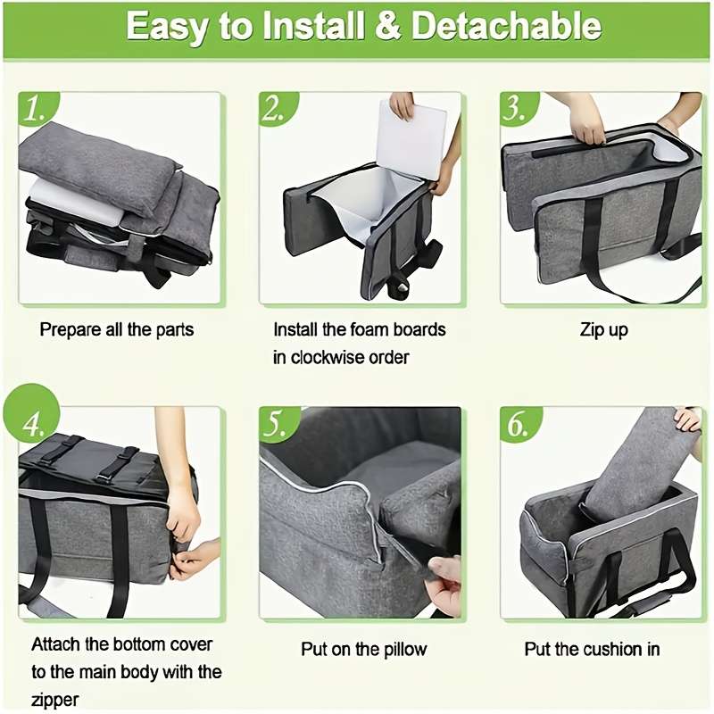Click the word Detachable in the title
pyautogui.click(x=505, y=26)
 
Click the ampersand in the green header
pyautogui.click(x=385, y=26)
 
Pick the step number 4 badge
pyautogui.click(x=35, y=425)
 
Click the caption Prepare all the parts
pyautogui.click(x=116, y=329)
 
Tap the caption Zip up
pyautogui.click(x=604, y=329)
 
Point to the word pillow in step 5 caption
pyautogui.click(x=402, y=649)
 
